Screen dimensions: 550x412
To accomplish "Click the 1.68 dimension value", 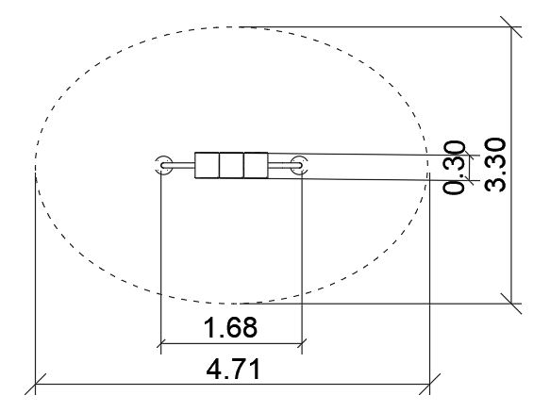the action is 230,327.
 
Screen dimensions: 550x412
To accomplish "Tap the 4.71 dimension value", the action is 233,370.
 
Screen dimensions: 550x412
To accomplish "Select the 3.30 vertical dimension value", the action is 495,165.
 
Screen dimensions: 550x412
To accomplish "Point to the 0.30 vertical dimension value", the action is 454,167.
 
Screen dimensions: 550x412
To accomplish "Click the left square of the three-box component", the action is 207,165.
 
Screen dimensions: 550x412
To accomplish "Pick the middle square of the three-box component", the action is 231,165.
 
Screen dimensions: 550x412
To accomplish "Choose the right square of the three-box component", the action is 256,165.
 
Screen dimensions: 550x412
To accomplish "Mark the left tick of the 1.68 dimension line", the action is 160,343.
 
